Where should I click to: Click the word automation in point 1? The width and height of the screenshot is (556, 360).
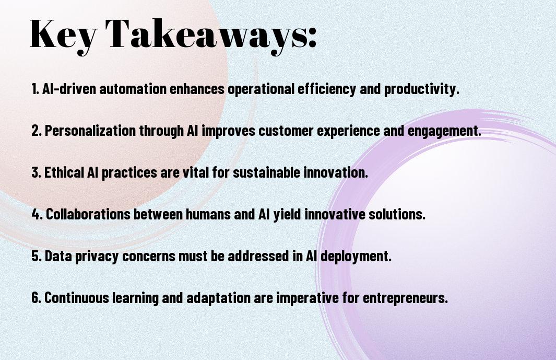click(x=133, y=89)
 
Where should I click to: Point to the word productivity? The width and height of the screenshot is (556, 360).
click(x=422, y=89)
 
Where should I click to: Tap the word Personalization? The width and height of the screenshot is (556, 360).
click(x=90, y=131)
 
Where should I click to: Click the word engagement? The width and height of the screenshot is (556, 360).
click(x=444, y=131)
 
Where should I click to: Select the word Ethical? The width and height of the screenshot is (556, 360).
click(x=64, y=172)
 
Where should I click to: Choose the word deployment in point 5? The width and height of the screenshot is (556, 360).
click(x=356, y=257)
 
